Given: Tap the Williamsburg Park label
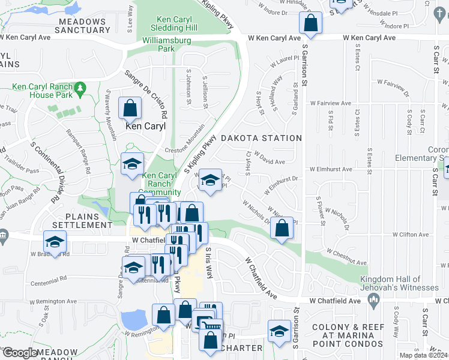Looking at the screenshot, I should (x=166, y=46).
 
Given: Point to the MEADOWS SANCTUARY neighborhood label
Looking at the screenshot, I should (x=82, y=26).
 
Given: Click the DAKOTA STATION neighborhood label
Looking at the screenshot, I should (x=261, y=138).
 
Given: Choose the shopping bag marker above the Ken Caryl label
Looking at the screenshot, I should (x=130, y=109).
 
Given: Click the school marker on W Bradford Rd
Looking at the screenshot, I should (x=55, y=242).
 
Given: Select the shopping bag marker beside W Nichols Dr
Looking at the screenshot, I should (x=282, y=228).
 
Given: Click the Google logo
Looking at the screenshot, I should (x=20, y=353).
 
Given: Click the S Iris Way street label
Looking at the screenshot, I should (x=209, y=262).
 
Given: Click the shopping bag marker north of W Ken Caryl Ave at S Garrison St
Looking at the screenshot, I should (x=310, y=23).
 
